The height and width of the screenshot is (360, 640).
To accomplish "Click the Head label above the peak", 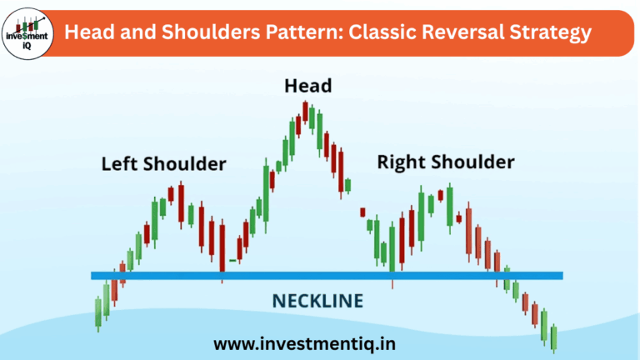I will pyautogui.click(x=307, y=86).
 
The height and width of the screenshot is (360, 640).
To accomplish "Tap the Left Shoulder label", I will pyautogui.click(x=163, y=164).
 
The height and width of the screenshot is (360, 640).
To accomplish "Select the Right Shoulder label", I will pyautogui.click(x=446, y=162).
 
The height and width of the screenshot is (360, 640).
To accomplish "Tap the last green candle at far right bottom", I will pyautogui.click(x=553, y=337).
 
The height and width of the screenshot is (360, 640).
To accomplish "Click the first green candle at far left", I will pyautogui.click(x=98, y=312).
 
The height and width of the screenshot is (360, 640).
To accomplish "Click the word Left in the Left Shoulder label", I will pyautogui.click(x=117, y=164).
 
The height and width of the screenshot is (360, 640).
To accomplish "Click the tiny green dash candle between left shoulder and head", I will pyautogui.click(x=232, y=262).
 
